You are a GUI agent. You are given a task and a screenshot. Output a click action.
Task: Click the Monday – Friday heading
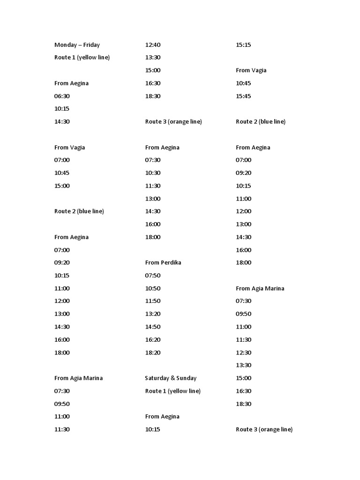pos(77,45)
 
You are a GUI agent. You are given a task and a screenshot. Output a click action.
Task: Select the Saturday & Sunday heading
pos(171,378)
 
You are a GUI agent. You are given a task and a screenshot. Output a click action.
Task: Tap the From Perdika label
pos(163,262)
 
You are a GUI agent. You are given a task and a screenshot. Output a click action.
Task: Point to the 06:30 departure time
pos(62,96)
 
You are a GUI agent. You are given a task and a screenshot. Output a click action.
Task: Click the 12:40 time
pos(153,45)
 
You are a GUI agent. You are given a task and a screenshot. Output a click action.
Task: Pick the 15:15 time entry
pos(243,45)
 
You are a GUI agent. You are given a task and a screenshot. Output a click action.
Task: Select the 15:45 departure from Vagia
pos(243,96)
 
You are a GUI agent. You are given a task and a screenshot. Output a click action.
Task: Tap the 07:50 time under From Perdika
pos(153,276)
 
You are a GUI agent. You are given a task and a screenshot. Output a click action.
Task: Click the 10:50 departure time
pos(153,288)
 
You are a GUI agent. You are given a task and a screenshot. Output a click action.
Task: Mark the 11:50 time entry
pos(153,301)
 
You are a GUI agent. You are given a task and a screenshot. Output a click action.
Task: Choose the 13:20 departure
pos(153,314)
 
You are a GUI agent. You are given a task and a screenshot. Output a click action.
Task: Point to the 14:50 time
pos(153,327)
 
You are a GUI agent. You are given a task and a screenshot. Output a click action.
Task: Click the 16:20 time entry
pos(153,340)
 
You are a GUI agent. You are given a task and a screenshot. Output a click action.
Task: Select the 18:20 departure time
pos(153,352)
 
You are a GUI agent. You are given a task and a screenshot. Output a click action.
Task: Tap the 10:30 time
pos(153,173)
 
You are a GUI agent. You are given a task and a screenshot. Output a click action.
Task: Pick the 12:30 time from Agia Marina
pos(243,352)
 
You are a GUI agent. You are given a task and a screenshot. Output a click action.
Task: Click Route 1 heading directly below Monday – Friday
pos(82,58)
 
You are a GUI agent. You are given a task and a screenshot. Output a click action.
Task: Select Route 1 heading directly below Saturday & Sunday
pos(173,391)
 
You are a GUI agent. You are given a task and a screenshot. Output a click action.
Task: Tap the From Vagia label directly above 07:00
pos(70,147)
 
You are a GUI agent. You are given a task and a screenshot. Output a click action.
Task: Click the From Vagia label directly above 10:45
pos(251,70)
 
